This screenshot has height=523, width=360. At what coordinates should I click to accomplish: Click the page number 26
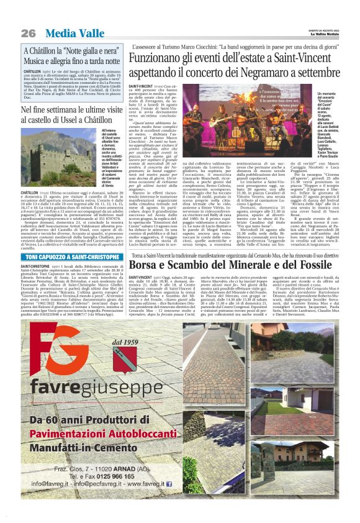tap(27, 32)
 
